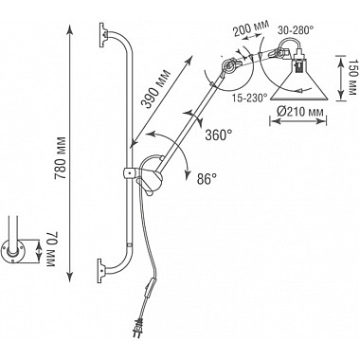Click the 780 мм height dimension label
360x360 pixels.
click(61, 158)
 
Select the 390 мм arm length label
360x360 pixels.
click(155, 89)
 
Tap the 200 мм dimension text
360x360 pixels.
click(251, 28)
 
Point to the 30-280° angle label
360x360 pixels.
click(296, 30)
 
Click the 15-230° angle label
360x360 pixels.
click(249, 99)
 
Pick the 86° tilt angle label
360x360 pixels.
click(207, 179)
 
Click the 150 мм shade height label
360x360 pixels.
click(353, 78)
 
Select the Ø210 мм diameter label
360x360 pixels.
click(297, 112)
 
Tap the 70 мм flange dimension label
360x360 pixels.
click(50, 249)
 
